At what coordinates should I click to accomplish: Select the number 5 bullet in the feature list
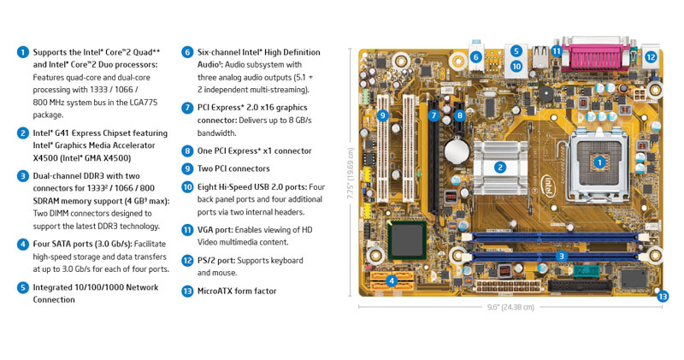coord(22,287)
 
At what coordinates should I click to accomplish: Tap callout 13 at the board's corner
coord(663,297)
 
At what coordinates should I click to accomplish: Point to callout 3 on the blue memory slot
coord(562,256)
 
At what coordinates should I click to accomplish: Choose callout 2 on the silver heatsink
coord(500,168)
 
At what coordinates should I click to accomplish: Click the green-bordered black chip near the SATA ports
coord(405,239)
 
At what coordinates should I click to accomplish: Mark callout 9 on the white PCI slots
coord(382,115)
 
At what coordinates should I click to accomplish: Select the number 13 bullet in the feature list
coord(187,291)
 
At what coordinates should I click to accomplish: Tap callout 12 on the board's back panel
coord(651,57)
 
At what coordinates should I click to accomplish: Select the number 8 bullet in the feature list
coord(187,150)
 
